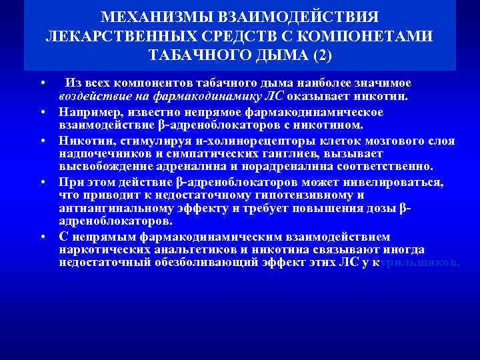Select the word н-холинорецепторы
207,141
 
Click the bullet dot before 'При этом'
42,182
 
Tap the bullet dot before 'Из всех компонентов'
42,83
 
